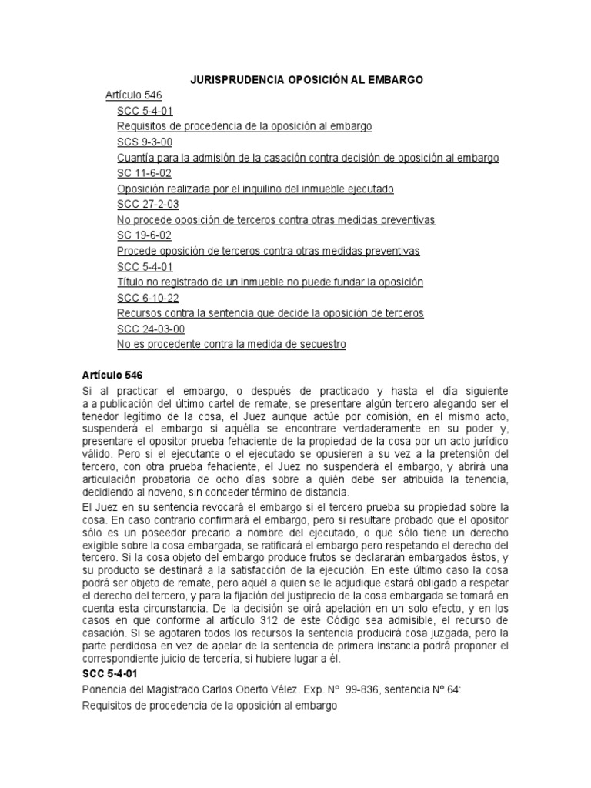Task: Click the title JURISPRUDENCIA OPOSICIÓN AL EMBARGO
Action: [x=307, y=80]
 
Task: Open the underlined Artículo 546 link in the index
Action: [x=133, y=95]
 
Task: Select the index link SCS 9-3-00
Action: [x=145, y=142]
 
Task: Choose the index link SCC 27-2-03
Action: [x=148, y=205]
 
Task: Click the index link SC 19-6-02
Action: [x=144, y=235]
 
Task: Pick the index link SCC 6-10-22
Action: [x=148, y=298]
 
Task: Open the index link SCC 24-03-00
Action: [x=151, y=329]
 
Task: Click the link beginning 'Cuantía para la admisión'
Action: [x=308, y=158]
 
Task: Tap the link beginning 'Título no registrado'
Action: [x=270, y=282]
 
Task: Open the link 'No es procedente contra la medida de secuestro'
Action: [x=232, y=345]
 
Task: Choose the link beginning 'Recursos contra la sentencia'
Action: [x=270, y=313]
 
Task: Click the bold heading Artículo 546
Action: [x=112, y=376]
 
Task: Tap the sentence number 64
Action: [x=452, y=689]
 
